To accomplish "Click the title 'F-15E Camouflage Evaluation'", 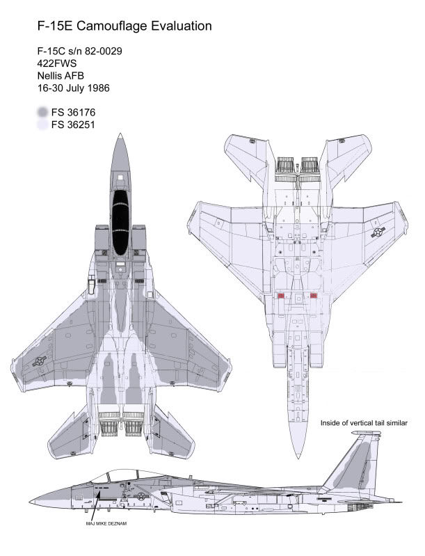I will (x=125, y=26).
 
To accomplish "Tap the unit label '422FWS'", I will (x=58, y=63).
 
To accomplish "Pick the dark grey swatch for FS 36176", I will (x=44, y=112).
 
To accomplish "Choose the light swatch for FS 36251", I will (x=44, y=125).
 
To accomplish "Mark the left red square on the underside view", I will (x=282, y=296).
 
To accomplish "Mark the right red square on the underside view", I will (x=313, y=296).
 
